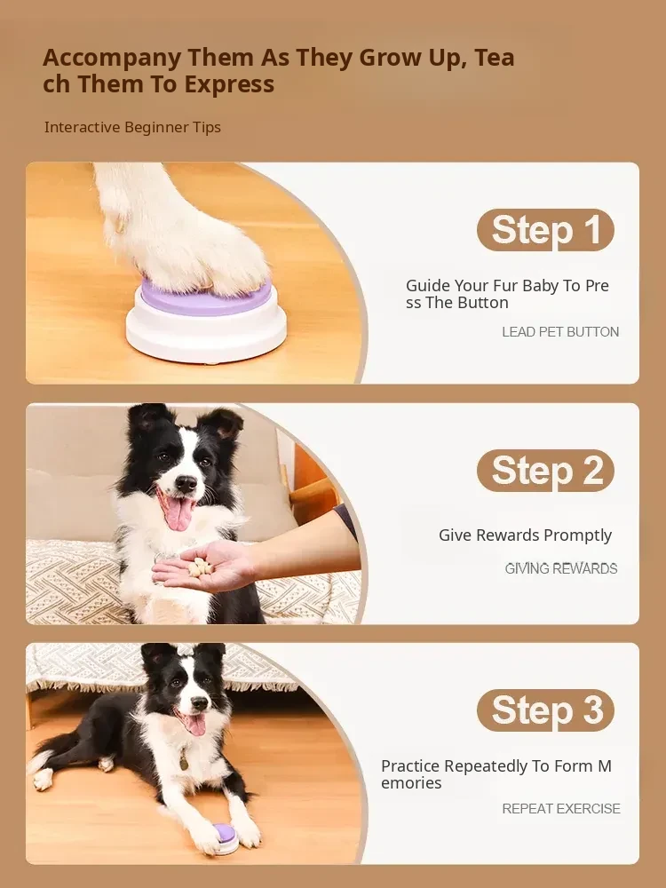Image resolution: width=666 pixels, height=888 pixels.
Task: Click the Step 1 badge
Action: [x=545, y=229]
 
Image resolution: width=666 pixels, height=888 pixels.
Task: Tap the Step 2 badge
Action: [x=545, y=470]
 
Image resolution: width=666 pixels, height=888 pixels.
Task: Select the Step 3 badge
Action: [x=545, y=710]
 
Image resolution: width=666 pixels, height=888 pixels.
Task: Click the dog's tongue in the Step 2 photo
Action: [x=178, y=513]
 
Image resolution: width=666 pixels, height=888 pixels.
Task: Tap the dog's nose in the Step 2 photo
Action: [x=186, y=483]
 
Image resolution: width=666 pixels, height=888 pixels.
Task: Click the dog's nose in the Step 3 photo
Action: [x=199, y=704]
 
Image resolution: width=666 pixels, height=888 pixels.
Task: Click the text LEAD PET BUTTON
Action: [x=560, y=332]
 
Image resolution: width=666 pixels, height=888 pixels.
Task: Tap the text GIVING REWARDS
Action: [x=560, y=568]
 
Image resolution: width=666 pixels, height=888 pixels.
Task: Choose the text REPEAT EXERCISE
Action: [x=560, y=809]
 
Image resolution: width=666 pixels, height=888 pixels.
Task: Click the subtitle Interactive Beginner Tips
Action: [x=132, y=127]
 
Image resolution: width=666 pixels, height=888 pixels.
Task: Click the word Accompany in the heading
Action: [x=112, y=59]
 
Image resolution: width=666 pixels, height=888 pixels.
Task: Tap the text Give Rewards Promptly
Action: [x=525, y=535]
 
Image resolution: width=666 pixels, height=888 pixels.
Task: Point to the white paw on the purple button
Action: [x=181, y=232]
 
